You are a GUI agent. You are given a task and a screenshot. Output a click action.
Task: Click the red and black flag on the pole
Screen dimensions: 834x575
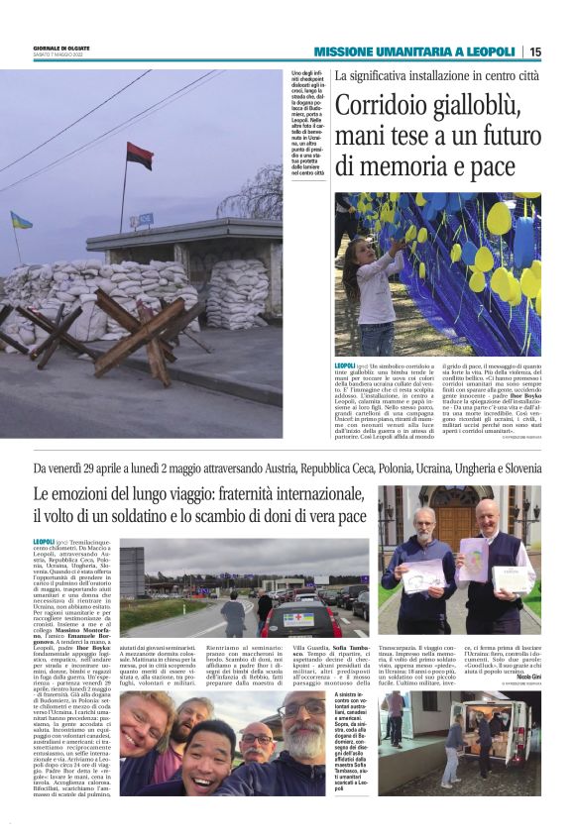pos(139,156)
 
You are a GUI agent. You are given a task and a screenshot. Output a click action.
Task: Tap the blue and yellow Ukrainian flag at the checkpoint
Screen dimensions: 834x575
pos(21,221)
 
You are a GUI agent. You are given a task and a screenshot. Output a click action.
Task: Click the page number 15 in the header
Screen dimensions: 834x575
pos(562,52)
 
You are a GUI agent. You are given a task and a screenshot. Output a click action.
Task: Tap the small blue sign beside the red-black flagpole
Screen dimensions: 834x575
pos(145,218)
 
